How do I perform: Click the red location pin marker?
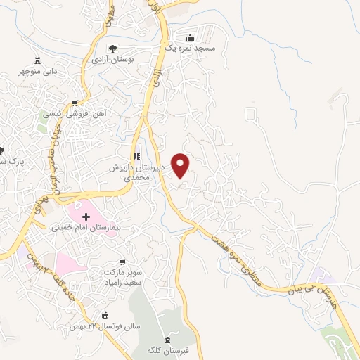tap(181, 165)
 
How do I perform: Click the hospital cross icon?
tap(86, 217)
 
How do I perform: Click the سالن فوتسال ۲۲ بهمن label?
tap(101, 327)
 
